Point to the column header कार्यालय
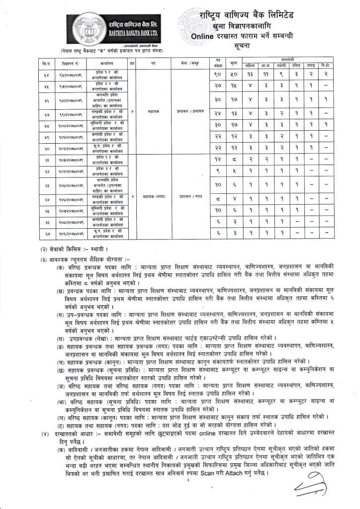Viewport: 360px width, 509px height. (x=107, y=64)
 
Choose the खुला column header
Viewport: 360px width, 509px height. (x=233, y=64)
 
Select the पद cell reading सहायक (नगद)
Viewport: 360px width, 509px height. (x=154, y=196)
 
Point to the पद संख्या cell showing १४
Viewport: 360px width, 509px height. (x=217, y=160)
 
